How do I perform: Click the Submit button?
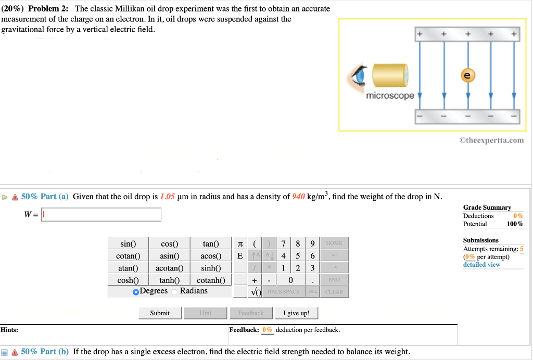pos(160,313)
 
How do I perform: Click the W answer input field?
pos(101,214)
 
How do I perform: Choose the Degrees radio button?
pos(136,291)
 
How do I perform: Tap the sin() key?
pos(128,244)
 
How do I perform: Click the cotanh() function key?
pos(211,280)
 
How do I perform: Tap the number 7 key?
pos(283,243)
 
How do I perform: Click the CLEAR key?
pos(334,291)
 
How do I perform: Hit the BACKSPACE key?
pos(283,291)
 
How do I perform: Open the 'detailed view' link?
pos(481,264)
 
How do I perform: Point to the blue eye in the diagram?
pos(359,76)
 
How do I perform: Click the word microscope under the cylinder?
pos(390,96)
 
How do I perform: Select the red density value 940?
pos(298,197)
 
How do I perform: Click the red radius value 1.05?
pos(167,197)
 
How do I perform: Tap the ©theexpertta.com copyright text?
pos(491,140)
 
